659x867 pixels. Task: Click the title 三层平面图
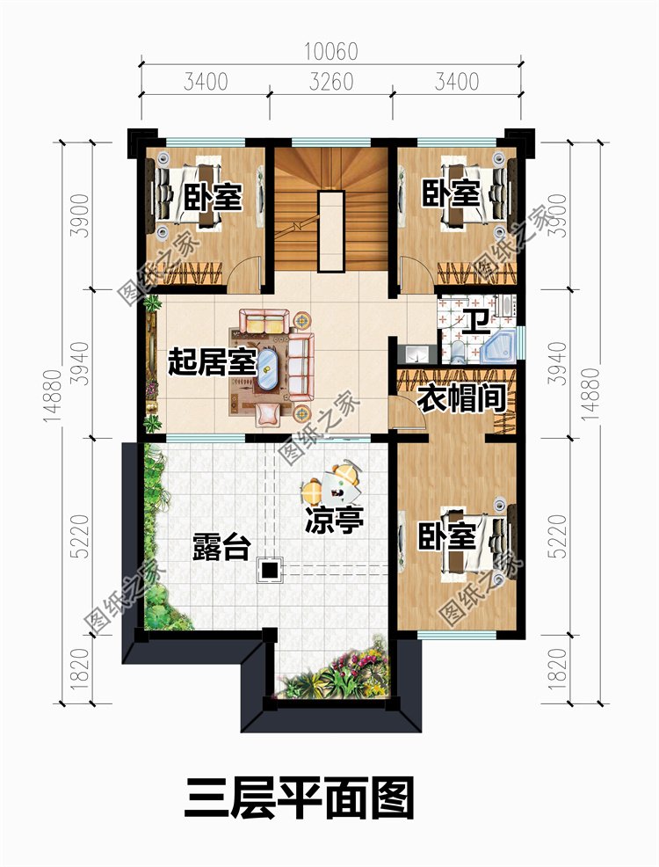[x=300, y=798]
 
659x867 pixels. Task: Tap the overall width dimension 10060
[x=331, y=51]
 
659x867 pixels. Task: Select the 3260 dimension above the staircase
[x=331, y=82]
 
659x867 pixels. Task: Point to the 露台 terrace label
[x=221, y=547]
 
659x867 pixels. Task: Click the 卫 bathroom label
[x=475, y=323]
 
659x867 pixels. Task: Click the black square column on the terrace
[x=270, y=570]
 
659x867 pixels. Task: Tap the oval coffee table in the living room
[x=269, y=368]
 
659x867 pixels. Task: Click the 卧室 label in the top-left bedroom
[x=213, y=197]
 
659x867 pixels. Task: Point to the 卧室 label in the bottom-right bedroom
[x=446, y=536]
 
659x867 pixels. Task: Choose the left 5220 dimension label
[x=81, y=536]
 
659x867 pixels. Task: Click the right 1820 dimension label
[x=559, y=668]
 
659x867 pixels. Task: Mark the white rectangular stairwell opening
[x=331, y=230]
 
